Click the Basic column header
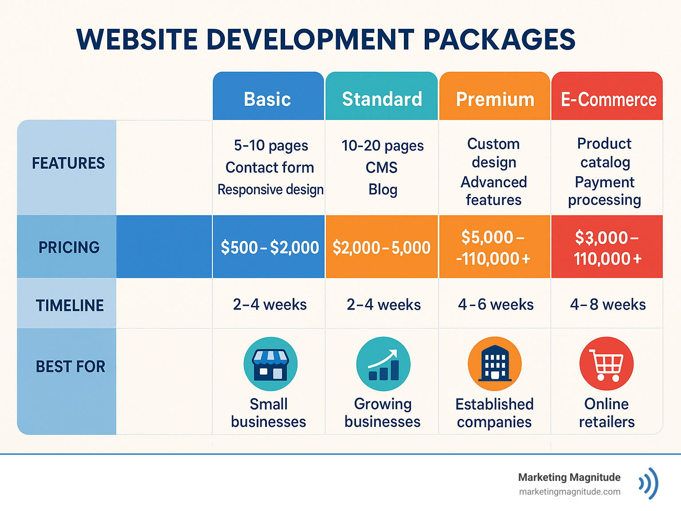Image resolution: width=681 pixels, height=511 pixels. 268,98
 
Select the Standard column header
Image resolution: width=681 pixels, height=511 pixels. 382,98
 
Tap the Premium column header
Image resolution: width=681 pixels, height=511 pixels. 495,99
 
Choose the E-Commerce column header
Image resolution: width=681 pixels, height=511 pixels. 608,99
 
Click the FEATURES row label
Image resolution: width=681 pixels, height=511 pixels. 68,163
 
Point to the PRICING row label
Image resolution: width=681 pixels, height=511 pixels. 69,247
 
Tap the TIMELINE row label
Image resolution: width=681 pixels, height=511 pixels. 70,305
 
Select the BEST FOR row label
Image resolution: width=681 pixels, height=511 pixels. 70,366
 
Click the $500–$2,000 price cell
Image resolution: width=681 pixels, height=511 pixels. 270,247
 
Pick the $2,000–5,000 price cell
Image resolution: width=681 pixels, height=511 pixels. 381,247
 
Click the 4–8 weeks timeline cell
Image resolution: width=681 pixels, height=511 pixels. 607,304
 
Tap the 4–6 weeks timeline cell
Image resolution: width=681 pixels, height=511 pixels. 495,304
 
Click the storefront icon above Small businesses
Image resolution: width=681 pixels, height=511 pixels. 270,364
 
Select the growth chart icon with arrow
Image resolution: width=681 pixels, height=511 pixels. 383,364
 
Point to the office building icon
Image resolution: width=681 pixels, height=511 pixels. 494,364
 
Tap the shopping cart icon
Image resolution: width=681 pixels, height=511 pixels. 606,364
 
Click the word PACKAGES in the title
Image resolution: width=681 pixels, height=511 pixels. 499,39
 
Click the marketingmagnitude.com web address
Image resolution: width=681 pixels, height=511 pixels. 569,492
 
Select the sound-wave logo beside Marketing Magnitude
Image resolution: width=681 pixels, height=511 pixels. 649,484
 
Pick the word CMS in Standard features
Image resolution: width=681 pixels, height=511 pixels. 381,167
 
